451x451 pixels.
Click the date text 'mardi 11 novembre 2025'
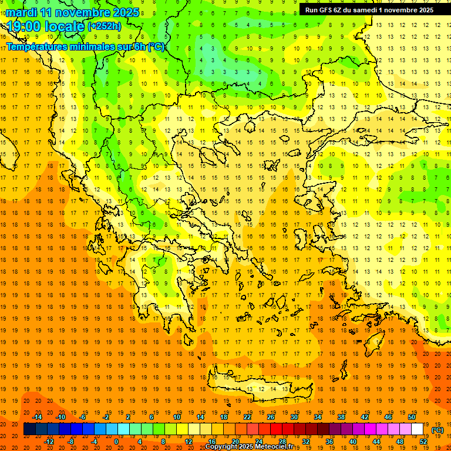coord(73,12)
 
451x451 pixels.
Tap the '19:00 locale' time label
coord(45,26)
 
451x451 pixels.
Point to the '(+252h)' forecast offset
coord(105,26)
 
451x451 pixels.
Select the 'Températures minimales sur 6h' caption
coord(86,47)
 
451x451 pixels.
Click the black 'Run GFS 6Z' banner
coord(369,9)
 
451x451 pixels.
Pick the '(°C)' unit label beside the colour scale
coord(437,430)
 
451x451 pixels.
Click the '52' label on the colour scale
coord(423,441)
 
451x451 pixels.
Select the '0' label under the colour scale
coord(116,441)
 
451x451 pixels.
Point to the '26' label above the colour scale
coord(271,417)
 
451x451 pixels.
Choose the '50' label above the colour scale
coord(412,417)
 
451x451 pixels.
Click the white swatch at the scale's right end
coord(418,429)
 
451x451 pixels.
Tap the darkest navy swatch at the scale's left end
coord(29,429)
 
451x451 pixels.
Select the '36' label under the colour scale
coord(329,441)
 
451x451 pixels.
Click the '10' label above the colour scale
coord(177,417)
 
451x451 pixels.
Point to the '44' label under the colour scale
coord(376,441)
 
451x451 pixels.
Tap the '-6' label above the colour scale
coord(83,417)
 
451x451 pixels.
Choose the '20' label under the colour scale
coord(235,441)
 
